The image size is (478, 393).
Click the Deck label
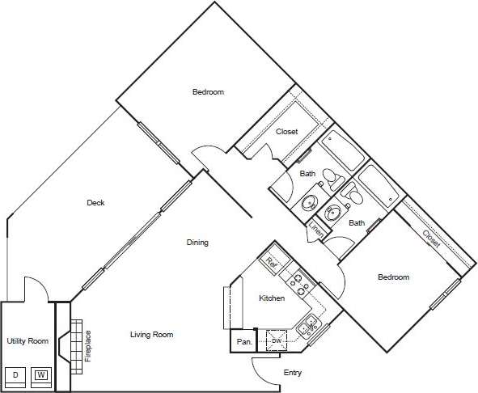tap(95, 203)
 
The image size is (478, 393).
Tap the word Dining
tap(197, 242)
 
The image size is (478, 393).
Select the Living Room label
tap(152, 334)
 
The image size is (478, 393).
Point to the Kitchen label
tap(271, 298)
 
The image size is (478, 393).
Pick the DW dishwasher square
tap(277, 341)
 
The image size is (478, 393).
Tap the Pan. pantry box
tap(243, 342)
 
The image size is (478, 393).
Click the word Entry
tap(293, 373)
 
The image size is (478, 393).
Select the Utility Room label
tap(27, 341)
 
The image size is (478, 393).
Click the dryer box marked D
tap(15, 374)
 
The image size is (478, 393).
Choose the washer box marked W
tap(40, 374)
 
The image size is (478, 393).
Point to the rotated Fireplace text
tap(88, 345)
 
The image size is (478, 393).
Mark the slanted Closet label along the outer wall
tap(431, 237)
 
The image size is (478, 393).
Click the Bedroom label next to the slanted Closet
tap(393, 277)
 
